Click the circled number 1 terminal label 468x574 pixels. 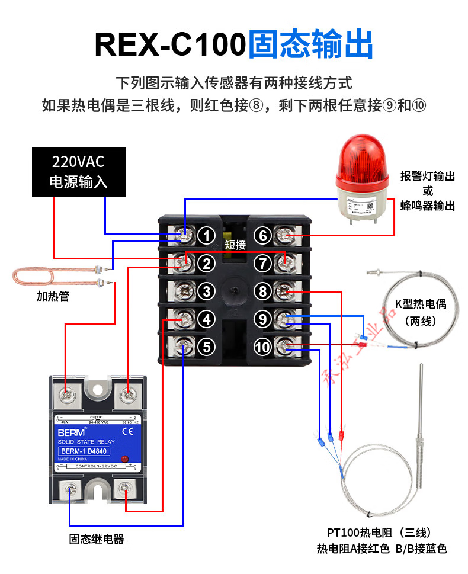pos(206,236)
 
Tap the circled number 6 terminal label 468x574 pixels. pos(264,236)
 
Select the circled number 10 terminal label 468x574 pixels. pos(264,347)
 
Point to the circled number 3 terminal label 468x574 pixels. pos(206,291)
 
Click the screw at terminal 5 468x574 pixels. pos(185,347)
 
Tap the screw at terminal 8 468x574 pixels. pos(286,291)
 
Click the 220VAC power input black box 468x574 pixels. pos(79,171)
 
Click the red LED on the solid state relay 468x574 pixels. pos(124,460)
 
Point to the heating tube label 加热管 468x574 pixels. pos(53,296)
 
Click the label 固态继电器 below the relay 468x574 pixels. pos(96,539)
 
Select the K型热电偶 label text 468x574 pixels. pos(421,305)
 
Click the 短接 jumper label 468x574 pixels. pos(235,245)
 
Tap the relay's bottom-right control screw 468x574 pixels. pos(124,489)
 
